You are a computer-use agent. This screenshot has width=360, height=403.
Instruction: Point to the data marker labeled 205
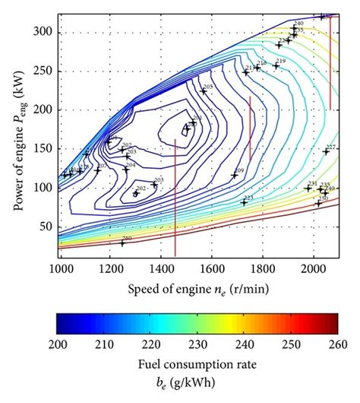pyautogui.click(x=203, y=91)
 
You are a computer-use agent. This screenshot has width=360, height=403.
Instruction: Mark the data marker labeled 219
pyautogui.click(x=276, y=65)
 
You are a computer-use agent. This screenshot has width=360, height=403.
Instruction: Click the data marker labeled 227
pyautogui.click(x=326, y=151)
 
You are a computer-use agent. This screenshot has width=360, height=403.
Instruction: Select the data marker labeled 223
pyautogui.click(x=244, y=202)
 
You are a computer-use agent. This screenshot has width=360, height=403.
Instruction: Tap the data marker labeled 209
pyautogui.click(x=235, y=176)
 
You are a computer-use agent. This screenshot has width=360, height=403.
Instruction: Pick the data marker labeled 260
pyautogui.click(x=122, y=243)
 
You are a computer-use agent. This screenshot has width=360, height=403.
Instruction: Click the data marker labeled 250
pyautogui.click(x=318, y=204)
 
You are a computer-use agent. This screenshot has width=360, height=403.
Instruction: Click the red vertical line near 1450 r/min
pyautogui.click(x=175, y=198)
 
